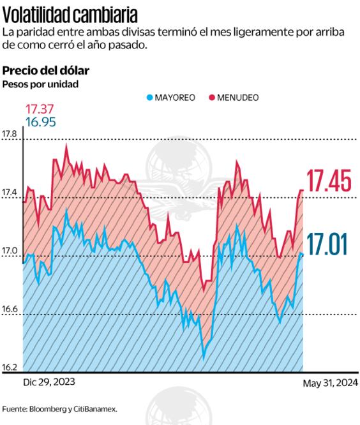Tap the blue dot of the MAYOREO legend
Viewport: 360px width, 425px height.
point(150,98)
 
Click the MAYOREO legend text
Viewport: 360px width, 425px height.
point(175,98)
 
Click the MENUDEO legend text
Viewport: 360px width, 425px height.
point(237,98)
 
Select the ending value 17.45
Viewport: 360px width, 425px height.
point(329,182)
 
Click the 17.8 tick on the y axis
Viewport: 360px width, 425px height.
point(10,134)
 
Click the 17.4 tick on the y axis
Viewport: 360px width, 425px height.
point(10,192)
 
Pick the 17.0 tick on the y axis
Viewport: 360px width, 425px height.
point(10,251)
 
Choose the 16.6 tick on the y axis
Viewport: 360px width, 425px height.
point(10,309)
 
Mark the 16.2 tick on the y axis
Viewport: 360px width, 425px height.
point(10,368)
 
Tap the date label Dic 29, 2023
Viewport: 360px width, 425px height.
point(49,382)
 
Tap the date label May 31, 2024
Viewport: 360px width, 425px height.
point(330,382)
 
